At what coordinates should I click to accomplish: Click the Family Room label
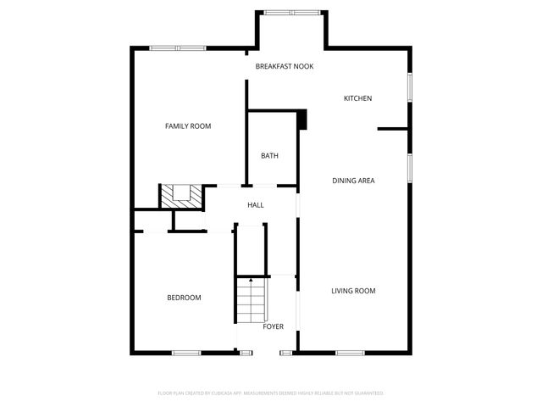(187, 126)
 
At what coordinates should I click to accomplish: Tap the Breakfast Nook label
(285, 65)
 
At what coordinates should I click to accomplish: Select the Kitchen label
(357, 98)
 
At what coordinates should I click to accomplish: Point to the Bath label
(269, 156)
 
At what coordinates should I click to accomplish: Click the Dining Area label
(353, 181)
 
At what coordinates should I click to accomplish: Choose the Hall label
(255, 205)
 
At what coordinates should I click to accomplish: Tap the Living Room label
(352, 291)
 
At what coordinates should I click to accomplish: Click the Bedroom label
(184, 298)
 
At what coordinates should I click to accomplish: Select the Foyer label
(273, 326)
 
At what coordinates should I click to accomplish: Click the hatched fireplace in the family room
(182, 196)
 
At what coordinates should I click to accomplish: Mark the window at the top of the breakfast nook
(291, 13)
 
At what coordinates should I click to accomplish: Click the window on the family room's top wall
(178, 48)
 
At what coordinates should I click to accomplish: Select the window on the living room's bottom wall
(350, 353)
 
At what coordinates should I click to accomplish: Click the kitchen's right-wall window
(410, 88)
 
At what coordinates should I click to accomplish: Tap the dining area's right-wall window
(410, 167)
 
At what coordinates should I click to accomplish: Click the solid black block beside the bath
(301, 120)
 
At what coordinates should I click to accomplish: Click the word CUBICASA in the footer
(218, 393)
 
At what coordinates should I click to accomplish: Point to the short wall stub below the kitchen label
(393, 129)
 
